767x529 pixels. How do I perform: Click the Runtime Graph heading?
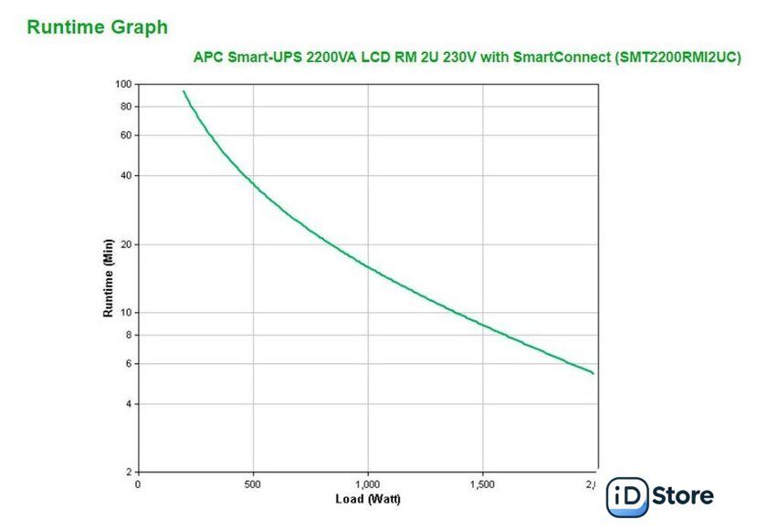point(98,27)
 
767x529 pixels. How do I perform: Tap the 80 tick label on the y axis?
point(126,107)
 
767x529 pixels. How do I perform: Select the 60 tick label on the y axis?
point(126,135)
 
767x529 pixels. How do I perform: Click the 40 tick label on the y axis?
point(126,175)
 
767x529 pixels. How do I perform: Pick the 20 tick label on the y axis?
point(126,244)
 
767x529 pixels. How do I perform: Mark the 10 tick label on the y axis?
point(126,313)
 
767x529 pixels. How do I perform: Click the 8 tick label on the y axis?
point(129,335)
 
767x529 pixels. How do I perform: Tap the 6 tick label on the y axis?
point(129,364)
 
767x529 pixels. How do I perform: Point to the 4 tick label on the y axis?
point(129,404)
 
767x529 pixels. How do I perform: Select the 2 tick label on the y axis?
point(129,472)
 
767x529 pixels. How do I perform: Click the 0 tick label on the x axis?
point(138,484)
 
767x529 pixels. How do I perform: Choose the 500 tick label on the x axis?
point(253,484)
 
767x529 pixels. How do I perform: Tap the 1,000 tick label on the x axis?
point(367,484)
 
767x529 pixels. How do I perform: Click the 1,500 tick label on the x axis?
point(481,484)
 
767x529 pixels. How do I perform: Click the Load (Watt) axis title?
point(367,499)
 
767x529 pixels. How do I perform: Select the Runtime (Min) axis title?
point(108,278)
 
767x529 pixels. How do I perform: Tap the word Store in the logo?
point(684,497)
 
